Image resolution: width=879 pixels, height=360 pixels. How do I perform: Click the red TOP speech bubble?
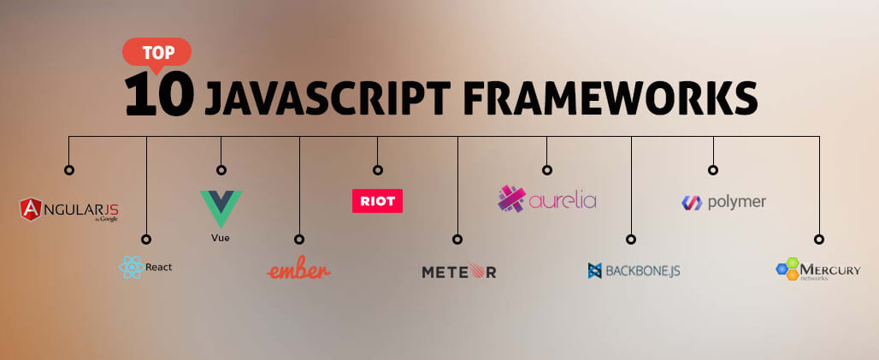pos(156,51)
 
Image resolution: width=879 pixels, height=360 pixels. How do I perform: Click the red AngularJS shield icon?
pos(32,208)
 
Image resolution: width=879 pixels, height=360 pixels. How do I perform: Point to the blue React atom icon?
pos(130,268)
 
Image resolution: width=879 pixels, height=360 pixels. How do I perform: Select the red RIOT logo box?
pos(377,200)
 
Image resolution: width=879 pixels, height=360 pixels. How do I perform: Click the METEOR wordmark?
pos(458,272)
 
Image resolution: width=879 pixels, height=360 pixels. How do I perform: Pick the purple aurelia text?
pos(563,201)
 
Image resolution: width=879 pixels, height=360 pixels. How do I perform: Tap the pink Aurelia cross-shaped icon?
pos(511,198)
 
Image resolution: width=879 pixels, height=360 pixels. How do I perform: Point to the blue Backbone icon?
pos(595,271)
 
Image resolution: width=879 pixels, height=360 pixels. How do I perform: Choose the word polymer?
pos(736,202)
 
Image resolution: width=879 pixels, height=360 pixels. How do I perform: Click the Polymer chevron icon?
pos(691,203)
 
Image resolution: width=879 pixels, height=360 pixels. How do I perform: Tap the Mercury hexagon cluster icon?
pos(787,269)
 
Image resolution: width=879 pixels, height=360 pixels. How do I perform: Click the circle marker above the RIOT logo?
pos(377,169)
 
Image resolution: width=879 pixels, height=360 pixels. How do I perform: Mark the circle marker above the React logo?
pos(146,239)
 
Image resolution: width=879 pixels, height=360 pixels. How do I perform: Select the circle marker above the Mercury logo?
pos(819,239)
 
